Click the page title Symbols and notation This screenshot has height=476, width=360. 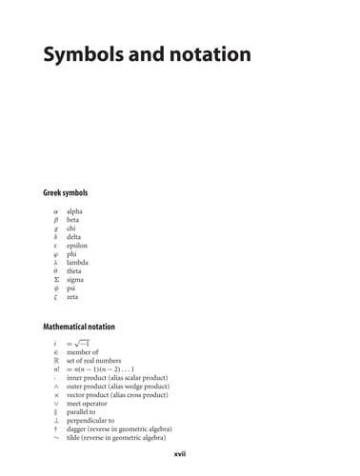[x=147, y=54]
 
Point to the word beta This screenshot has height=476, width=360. [x=73, y=219]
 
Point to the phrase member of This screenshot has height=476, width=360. [x=83, y=352]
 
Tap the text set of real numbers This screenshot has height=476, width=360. [x=97, y=361]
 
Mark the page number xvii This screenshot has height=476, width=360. [x=179, y=456]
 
